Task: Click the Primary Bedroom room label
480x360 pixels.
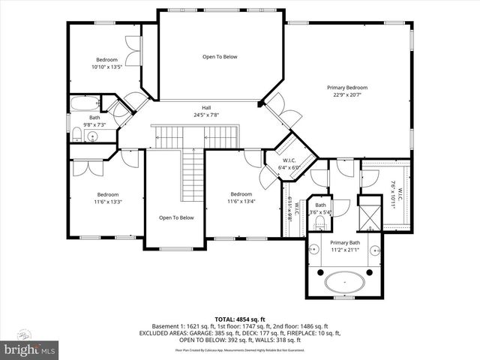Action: pos(346,88)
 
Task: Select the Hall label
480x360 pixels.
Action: pos(205,107)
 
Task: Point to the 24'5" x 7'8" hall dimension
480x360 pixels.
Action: pos(205,115)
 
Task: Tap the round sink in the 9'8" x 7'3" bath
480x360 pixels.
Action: pos(92,136)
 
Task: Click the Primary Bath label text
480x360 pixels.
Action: pos(346,242)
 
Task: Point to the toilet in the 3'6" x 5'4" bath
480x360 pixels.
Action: pos(321,223)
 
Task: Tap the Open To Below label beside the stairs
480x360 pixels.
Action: pos(176,217)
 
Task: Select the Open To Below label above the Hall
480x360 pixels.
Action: pos(220,56)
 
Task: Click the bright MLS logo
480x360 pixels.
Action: pos(30,349)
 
